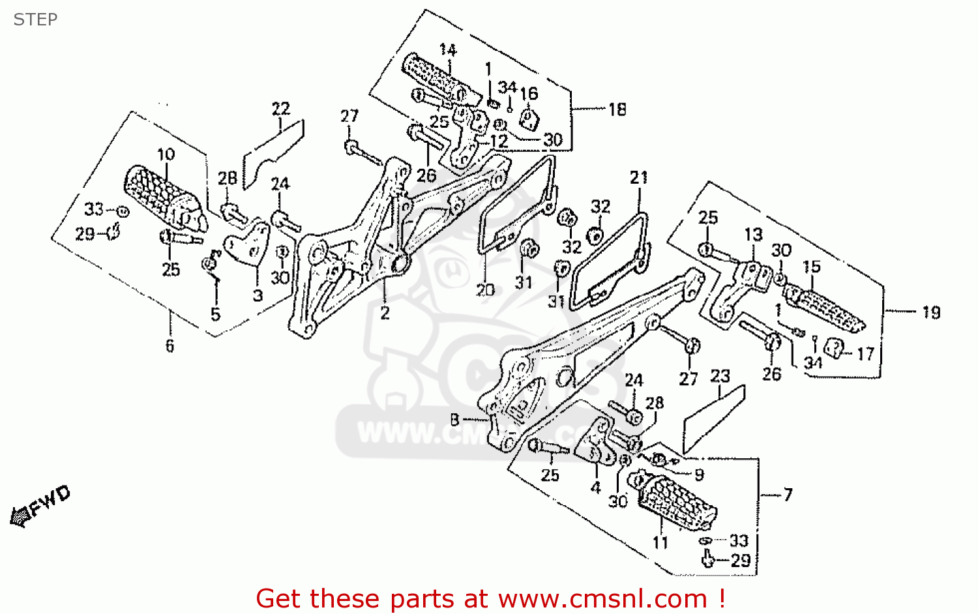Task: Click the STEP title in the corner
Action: pos(35,20)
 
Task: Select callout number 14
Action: pos(447,50)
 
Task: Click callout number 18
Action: pos(617,110)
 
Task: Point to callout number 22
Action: pos(280,109)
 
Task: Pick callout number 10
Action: pos(166,154)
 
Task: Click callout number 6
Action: pos(170,345)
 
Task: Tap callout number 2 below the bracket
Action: pos(385,313)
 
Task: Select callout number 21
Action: pos(638,177)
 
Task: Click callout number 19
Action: pos(931,313)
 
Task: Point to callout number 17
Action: pos(865,354)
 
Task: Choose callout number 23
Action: pos(720,376)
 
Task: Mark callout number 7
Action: pos(788,495)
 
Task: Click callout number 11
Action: pos(660,542)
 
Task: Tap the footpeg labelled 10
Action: pos(160,192)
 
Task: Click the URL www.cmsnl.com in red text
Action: pos(602,598)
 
